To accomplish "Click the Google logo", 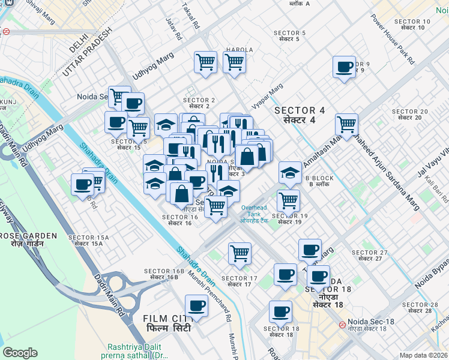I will (20, 353).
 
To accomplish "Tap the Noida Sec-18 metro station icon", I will (342, 325).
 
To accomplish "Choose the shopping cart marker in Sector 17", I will (240, 253).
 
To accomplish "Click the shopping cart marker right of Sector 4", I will (346, 124).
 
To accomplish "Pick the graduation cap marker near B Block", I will (290, 173).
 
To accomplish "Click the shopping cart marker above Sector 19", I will (288, 200).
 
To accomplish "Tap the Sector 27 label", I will (366, 255).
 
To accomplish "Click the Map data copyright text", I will (423, 355).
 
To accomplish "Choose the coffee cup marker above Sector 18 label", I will (280, 311).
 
